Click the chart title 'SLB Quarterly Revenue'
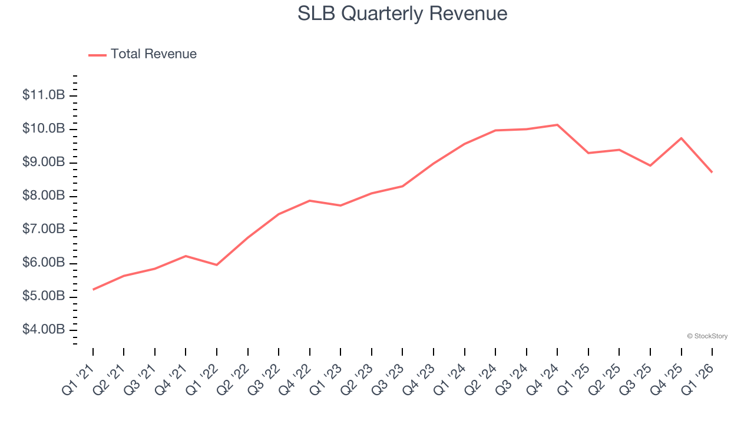click(x=402, y=13)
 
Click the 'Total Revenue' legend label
click(x=153, y=54)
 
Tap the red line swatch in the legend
click(x=97, y=55)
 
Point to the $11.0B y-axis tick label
click(x=44, y=95)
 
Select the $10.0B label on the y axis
click(x=44, y=129)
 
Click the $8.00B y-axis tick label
click(x=44, y=196)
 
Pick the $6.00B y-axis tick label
click(x=44, y=263)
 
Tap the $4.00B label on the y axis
click(x=44, y=330)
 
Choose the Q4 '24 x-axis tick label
click(x=543, y=380)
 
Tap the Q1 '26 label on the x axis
click(x=698, y=380)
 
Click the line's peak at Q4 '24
click(x=557, y=125)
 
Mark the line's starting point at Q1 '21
click(x=93, y=290)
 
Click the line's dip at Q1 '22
click(x=217, y=265)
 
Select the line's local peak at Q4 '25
click(x=681, y=138)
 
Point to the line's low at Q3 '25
click(x=650, y=165)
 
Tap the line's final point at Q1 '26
click(x=712, y=172)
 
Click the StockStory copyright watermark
click(x=707, y=336)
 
